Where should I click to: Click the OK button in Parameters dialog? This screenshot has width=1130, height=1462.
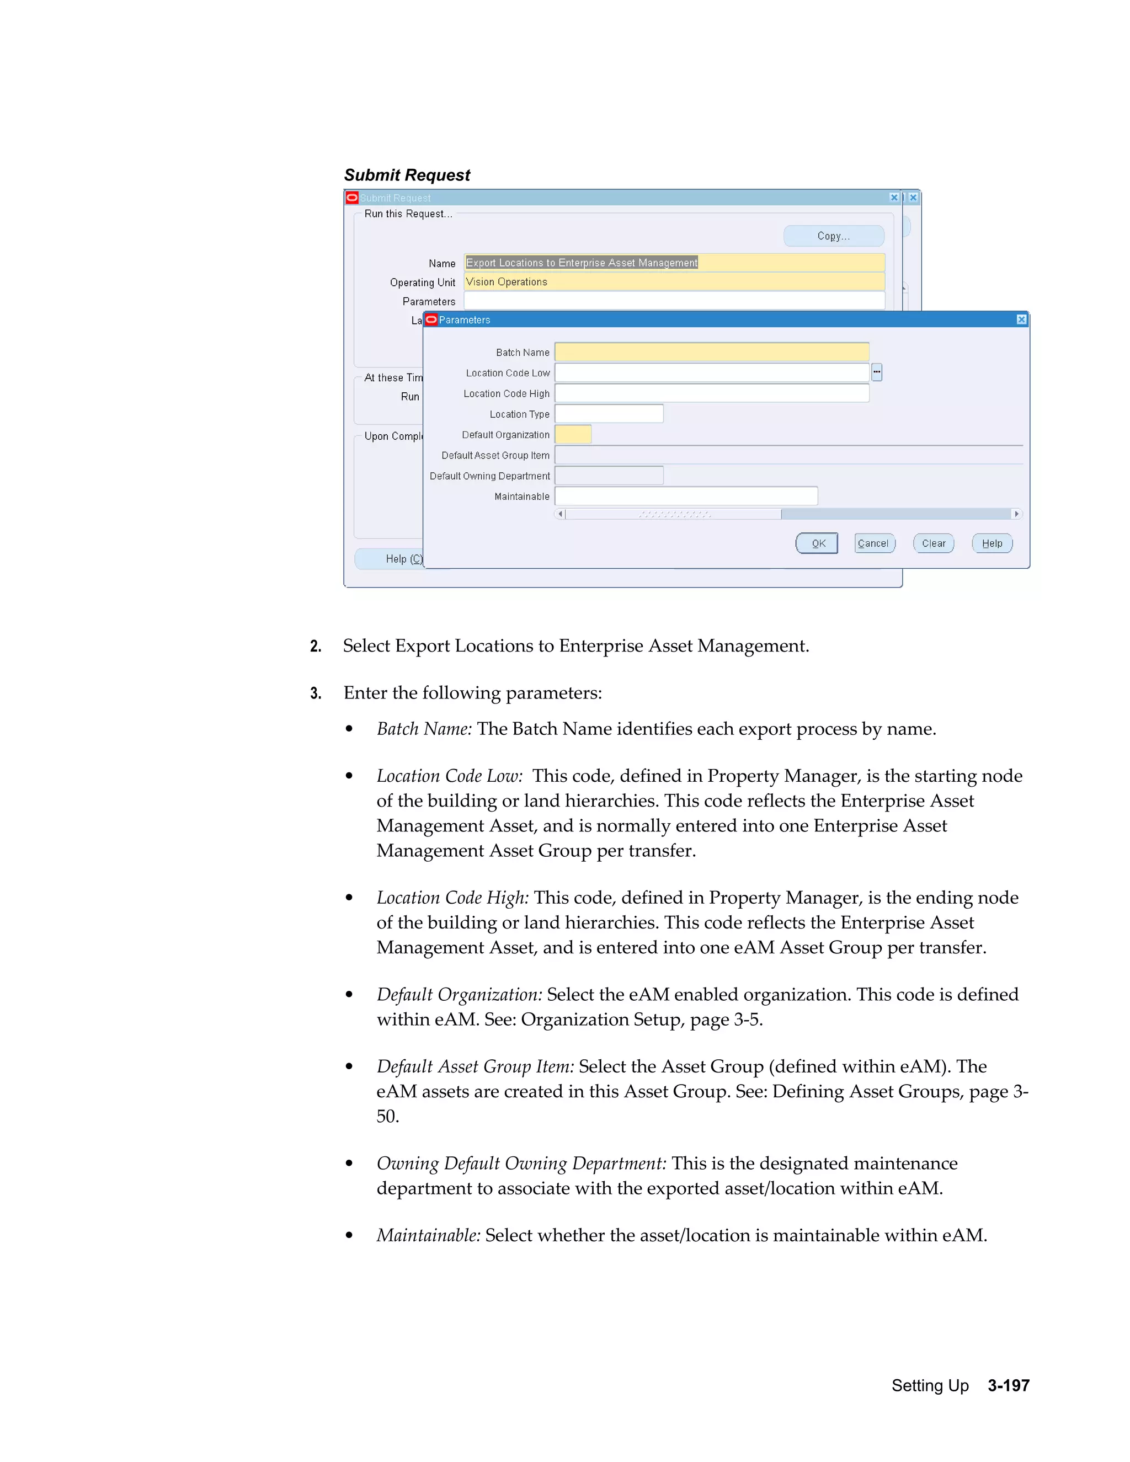(x=816, y=543)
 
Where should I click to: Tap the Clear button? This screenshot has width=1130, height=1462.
(x=933, y=543)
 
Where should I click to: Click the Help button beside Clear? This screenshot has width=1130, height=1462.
(x=992, y=543)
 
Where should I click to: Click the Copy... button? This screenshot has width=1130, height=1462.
(x=834, y=236)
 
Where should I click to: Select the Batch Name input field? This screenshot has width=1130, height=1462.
(x=712, y=352)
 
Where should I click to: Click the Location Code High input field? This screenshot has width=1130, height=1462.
(x=712, y=393)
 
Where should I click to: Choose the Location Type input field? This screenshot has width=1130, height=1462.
(x=609, y=414)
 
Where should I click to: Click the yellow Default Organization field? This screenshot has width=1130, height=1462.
(x=573, y=434)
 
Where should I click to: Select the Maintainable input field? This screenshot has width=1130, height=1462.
(x=686, y=496)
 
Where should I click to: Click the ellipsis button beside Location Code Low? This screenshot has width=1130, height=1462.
(x=876, y=372)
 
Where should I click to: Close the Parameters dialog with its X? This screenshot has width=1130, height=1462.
(x=1021, y=319)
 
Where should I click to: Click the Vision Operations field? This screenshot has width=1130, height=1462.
(x=674, y=282)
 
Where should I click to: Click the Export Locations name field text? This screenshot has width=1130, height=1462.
(x=581, y=263)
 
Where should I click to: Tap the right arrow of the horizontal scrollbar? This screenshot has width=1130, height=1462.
(x=1016, y=514)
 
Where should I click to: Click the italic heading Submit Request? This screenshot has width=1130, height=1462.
(x=407, y=175)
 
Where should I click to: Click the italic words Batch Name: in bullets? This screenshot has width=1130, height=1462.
(x=424, y=728)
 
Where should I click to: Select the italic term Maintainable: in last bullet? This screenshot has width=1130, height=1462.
(x=428, y=1235)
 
